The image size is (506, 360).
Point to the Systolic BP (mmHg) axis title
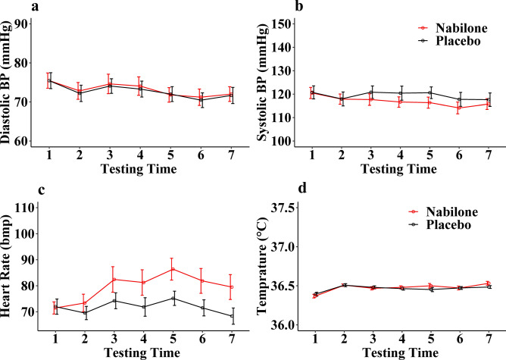(x=262, y=82)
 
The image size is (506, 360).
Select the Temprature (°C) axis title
(x=262, y=263)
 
